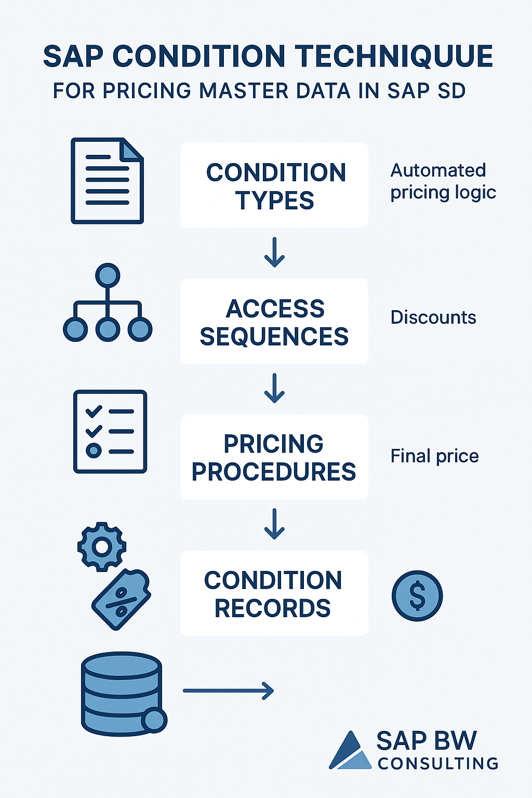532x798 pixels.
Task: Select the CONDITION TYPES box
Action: point(274,185)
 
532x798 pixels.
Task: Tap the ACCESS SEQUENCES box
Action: point(274,322)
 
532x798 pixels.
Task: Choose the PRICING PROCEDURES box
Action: point(274,457)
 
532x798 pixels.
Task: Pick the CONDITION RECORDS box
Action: point(274,593)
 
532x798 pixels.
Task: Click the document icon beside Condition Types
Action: point(107,180)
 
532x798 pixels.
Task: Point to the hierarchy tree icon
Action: point(108,303)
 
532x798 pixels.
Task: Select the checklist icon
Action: point(110,431)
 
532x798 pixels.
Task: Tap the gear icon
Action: point(102,547)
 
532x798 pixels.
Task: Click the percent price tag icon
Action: point(122,600)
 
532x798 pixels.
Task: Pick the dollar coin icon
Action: point(417,595)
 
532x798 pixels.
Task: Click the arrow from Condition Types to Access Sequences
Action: point(274,252)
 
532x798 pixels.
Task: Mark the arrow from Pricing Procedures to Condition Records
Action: point(274,524)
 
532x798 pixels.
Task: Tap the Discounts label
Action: point(433,317)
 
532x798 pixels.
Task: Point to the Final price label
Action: point(434,456)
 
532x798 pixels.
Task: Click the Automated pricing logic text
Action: point(443,181)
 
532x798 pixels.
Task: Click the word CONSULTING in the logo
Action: point(438,763)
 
